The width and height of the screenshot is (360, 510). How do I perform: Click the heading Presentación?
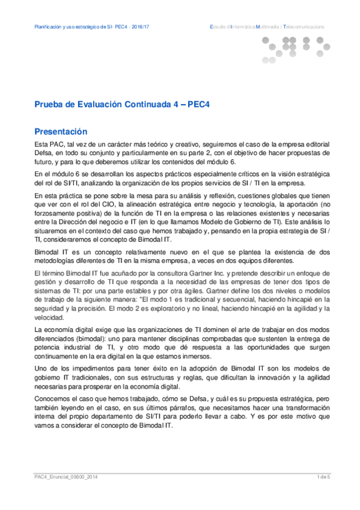point(61,131)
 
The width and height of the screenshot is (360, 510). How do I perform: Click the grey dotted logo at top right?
point(295,46)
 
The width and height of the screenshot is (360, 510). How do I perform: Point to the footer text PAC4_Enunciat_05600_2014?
point(66,477)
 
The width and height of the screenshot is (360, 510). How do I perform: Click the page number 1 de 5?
point(324,477)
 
